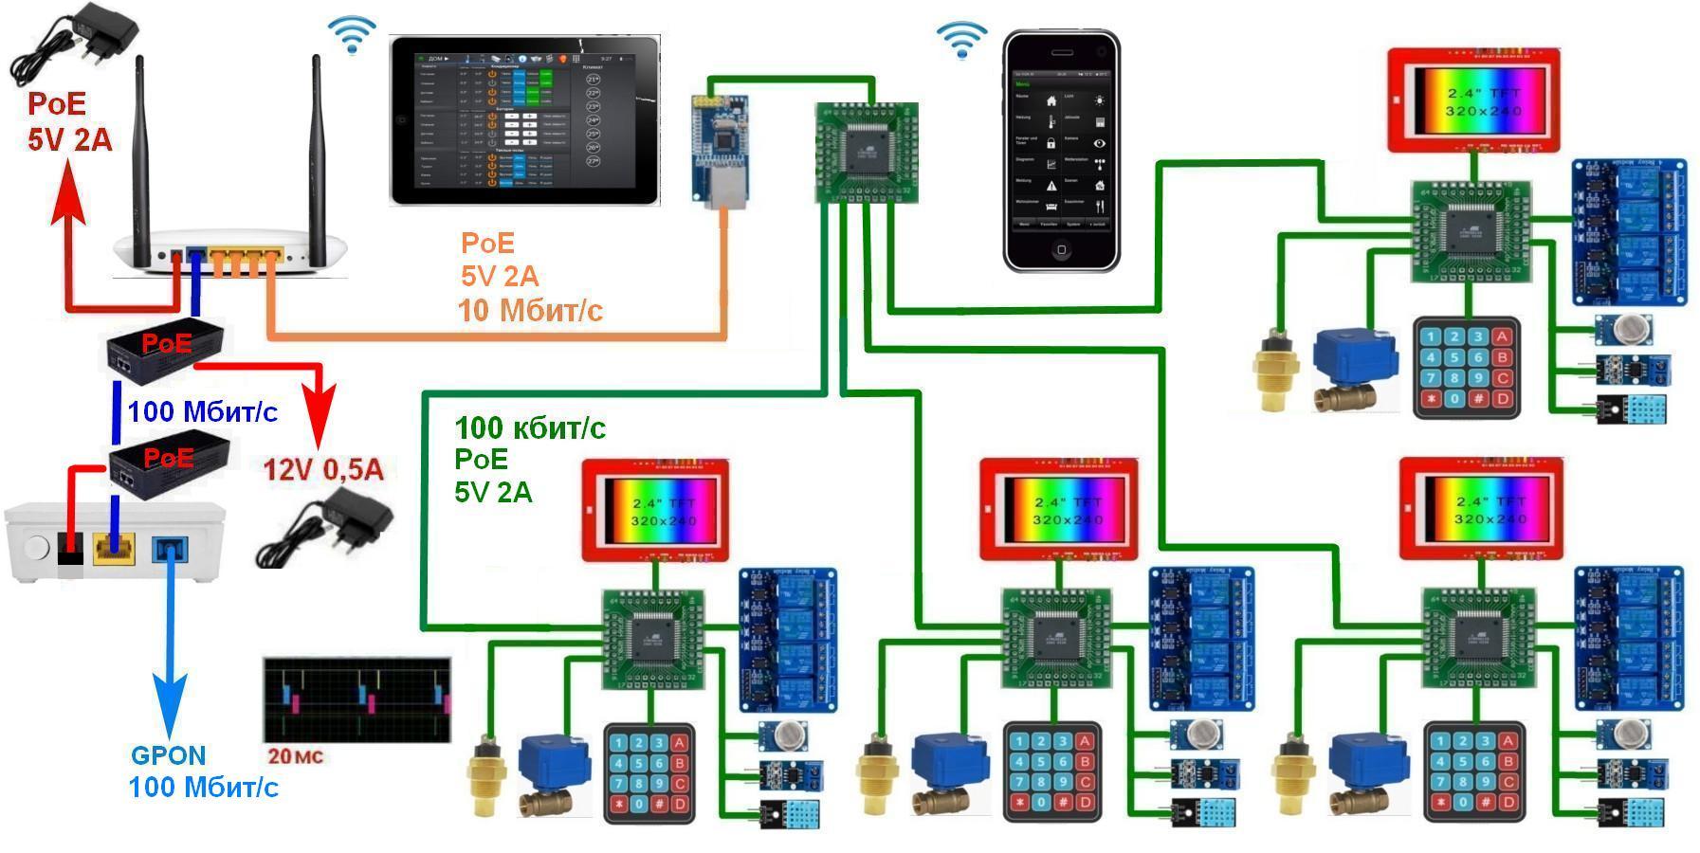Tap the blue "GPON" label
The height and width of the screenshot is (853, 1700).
point(168,755)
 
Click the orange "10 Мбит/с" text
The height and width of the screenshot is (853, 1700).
point(530,310)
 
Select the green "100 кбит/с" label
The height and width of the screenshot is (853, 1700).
point(530,428)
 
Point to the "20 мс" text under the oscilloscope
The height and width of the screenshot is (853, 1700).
point(295,756)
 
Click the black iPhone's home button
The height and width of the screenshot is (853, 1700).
point(1061,250)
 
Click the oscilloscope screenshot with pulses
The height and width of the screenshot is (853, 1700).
point(357,699)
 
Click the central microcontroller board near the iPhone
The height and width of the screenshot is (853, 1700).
point(867,152)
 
